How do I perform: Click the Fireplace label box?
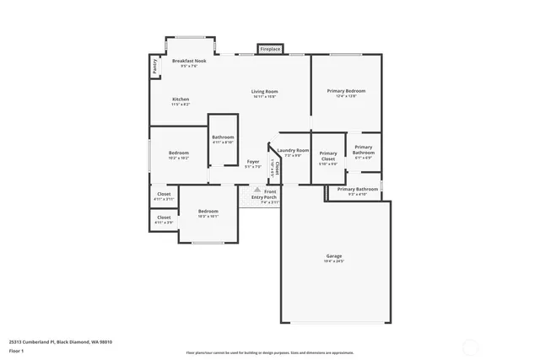point(269,49)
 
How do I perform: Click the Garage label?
point(334,255)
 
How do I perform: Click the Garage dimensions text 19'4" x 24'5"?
point(334,261)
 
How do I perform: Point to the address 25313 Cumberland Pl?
point(60,341)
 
